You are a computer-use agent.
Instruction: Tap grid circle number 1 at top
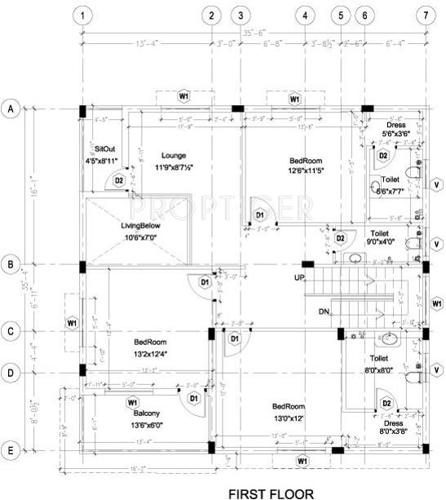(83, 16)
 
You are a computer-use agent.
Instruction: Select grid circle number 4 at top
(304, 16)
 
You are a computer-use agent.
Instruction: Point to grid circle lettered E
(11, 450)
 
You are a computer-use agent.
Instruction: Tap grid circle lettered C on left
(11, 332)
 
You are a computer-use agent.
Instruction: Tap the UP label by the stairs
(299, 276)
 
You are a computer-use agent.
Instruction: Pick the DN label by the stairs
(323, 312)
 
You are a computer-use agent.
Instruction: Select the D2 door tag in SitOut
(118, 181)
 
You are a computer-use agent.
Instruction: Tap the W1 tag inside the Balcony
(131, 402)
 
